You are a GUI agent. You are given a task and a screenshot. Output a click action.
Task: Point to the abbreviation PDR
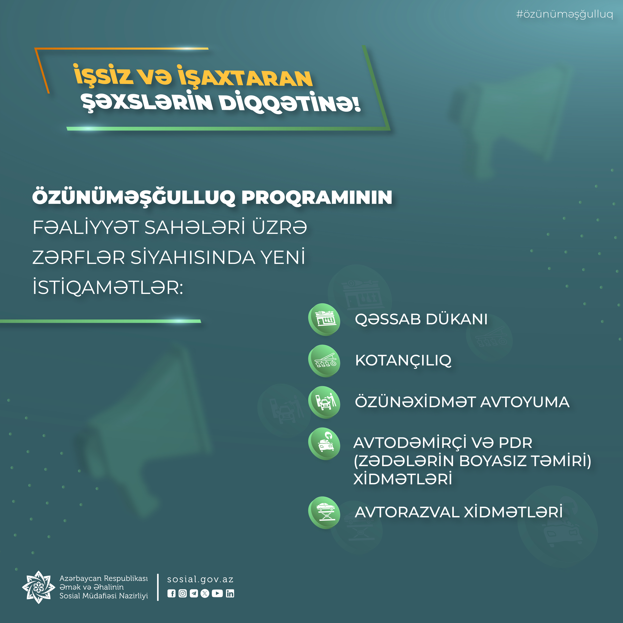(515, 443)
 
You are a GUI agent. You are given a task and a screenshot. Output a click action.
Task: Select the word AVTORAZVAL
(407, 512)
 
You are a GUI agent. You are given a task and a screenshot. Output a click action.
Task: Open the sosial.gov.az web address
(200, 580)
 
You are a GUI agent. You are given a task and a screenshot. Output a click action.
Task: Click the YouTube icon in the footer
(217, 593)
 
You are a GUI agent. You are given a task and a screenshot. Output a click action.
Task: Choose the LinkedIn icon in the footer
(230, 593)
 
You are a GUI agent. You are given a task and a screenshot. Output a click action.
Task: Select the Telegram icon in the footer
(194, 593)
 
